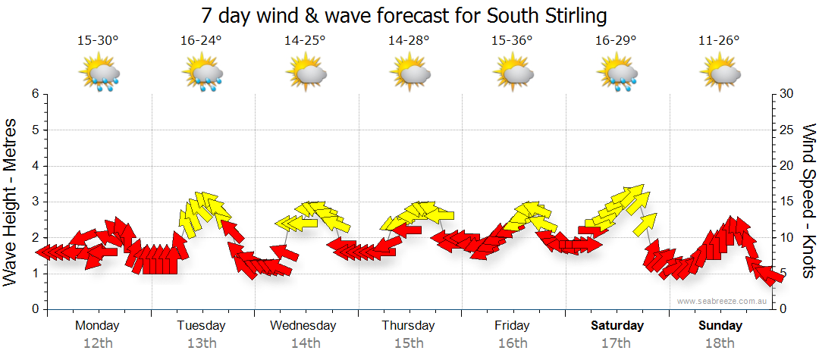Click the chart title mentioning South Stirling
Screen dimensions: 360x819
404,15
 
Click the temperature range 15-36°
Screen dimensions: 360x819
512,40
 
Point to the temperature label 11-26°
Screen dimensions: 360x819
719,40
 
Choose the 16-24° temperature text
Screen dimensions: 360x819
201,40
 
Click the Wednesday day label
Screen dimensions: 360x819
303,326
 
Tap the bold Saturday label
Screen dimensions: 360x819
617,326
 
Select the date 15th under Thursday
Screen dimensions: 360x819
409,343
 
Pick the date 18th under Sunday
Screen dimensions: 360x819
720,343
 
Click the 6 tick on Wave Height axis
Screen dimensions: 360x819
34,94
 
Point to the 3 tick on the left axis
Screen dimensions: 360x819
34,202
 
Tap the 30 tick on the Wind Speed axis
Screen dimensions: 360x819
786,94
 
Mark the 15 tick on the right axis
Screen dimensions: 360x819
786,202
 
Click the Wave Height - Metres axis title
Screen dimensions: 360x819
11,202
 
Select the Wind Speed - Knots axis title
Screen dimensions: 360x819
808,202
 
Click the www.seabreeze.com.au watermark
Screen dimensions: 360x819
723,301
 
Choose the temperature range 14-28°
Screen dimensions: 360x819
409,40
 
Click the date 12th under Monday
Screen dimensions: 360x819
97,343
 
